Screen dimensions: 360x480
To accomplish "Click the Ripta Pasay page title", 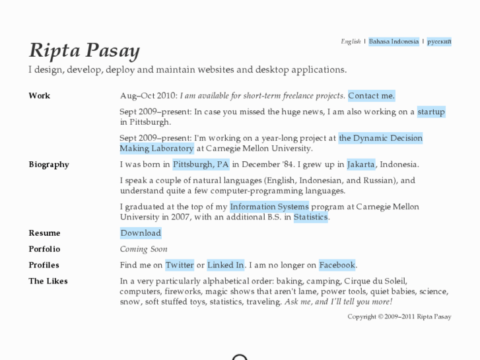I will pyautogui.click(x=84, y=51).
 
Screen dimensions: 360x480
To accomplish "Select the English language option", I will pyautogui.click(x=351, y=42).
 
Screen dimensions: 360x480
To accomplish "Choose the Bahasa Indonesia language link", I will pyautogui.click(x=394, y=42).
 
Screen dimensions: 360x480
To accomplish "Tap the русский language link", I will pyautogui.click(x=439, y=42).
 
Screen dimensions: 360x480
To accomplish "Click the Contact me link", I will pyautogui.click(x=371, y=96).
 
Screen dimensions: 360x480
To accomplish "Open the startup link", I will pyautogui.click(x=431, y=112).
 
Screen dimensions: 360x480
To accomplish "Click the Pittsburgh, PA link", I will pyautogui.click(x=201, y=164).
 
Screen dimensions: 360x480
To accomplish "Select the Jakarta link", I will pyautogui.click(x=361, y=164).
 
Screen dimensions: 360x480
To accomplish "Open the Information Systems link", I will pyautogui.click(x=269, y=207).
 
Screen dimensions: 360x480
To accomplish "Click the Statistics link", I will pyautogui.click(x=310, y=217).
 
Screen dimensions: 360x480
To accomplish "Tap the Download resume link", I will pyautogui.click(x=141, y=233).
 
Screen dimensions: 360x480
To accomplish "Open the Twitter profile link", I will pyautogui.click(x=180, y=265).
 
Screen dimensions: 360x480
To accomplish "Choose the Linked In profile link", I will pyautogui.click(x=226, y=265).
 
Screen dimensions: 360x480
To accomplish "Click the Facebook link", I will pyautogui.click(x=337, y=265).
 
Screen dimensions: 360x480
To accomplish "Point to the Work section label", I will pyautogui.click(x=40, y=96).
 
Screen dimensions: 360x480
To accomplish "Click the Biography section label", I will pyautogui.click(x=49, y=164).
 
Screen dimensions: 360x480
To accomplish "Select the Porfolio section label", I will pyautogui.click(x=44, y=249).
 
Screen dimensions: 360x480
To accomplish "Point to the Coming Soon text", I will pyautogui.click(x=143, y=249).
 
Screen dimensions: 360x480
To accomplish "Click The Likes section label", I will pyautogui.click(x=48, y=281).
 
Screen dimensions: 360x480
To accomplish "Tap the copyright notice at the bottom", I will pyautogui.click(x=399, y=317).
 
